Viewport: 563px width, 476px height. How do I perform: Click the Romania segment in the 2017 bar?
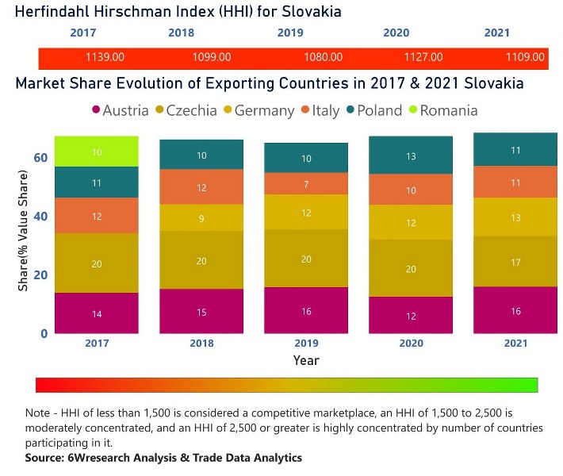pyautogui.click(x=97, y=152)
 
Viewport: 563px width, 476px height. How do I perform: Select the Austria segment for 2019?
pyautogui.click(x=306, y=310)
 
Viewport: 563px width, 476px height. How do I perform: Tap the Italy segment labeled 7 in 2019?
pyautogui.click(x=306, y=184)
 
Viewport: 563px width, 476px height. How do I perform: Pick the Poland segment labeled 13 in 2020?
pyautogui.click(x=411, y=155)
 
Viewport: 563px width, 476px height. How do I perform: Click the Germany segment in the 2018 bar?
pyautogui.click(x=201, y=217)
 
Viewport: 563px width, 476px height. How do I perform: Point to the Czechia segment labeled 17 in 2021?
pyautogui.click(x=515, y=262)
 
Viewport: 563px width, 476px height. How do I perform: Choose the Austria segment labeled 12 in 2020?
pyautogui.click(x=411, y=316)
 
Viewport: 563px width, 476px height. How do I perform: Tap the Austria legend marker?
pyautogui.click(x=96, y=111)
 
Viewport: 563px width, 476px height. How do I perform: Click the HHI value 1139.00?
pyautogui.click(x=105, y=58)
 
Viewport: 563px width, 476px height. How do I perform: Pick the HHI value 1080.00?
pyautogui.click(x=324, y=58)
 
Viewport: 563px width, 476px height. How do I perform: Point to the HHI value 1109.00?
pyautogui.click(x=525, y=58)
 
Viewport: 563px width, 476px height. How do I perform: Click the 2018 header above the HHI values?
pyautogui.click(x=181, y=33)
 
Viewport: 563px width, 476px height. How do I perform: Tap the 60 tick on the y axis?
pyautogui.click(x=40, y=158)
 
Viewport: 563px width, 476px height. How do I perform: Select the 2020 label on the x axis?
pyautogui.click(x=411, y=344)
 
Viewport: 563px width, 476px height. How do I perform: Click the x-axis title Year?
pyautogui.click(x=306, y=360)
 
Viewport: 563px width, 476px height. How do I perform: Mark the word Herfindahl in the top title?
pyautogui.click(x=50, y=13)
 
